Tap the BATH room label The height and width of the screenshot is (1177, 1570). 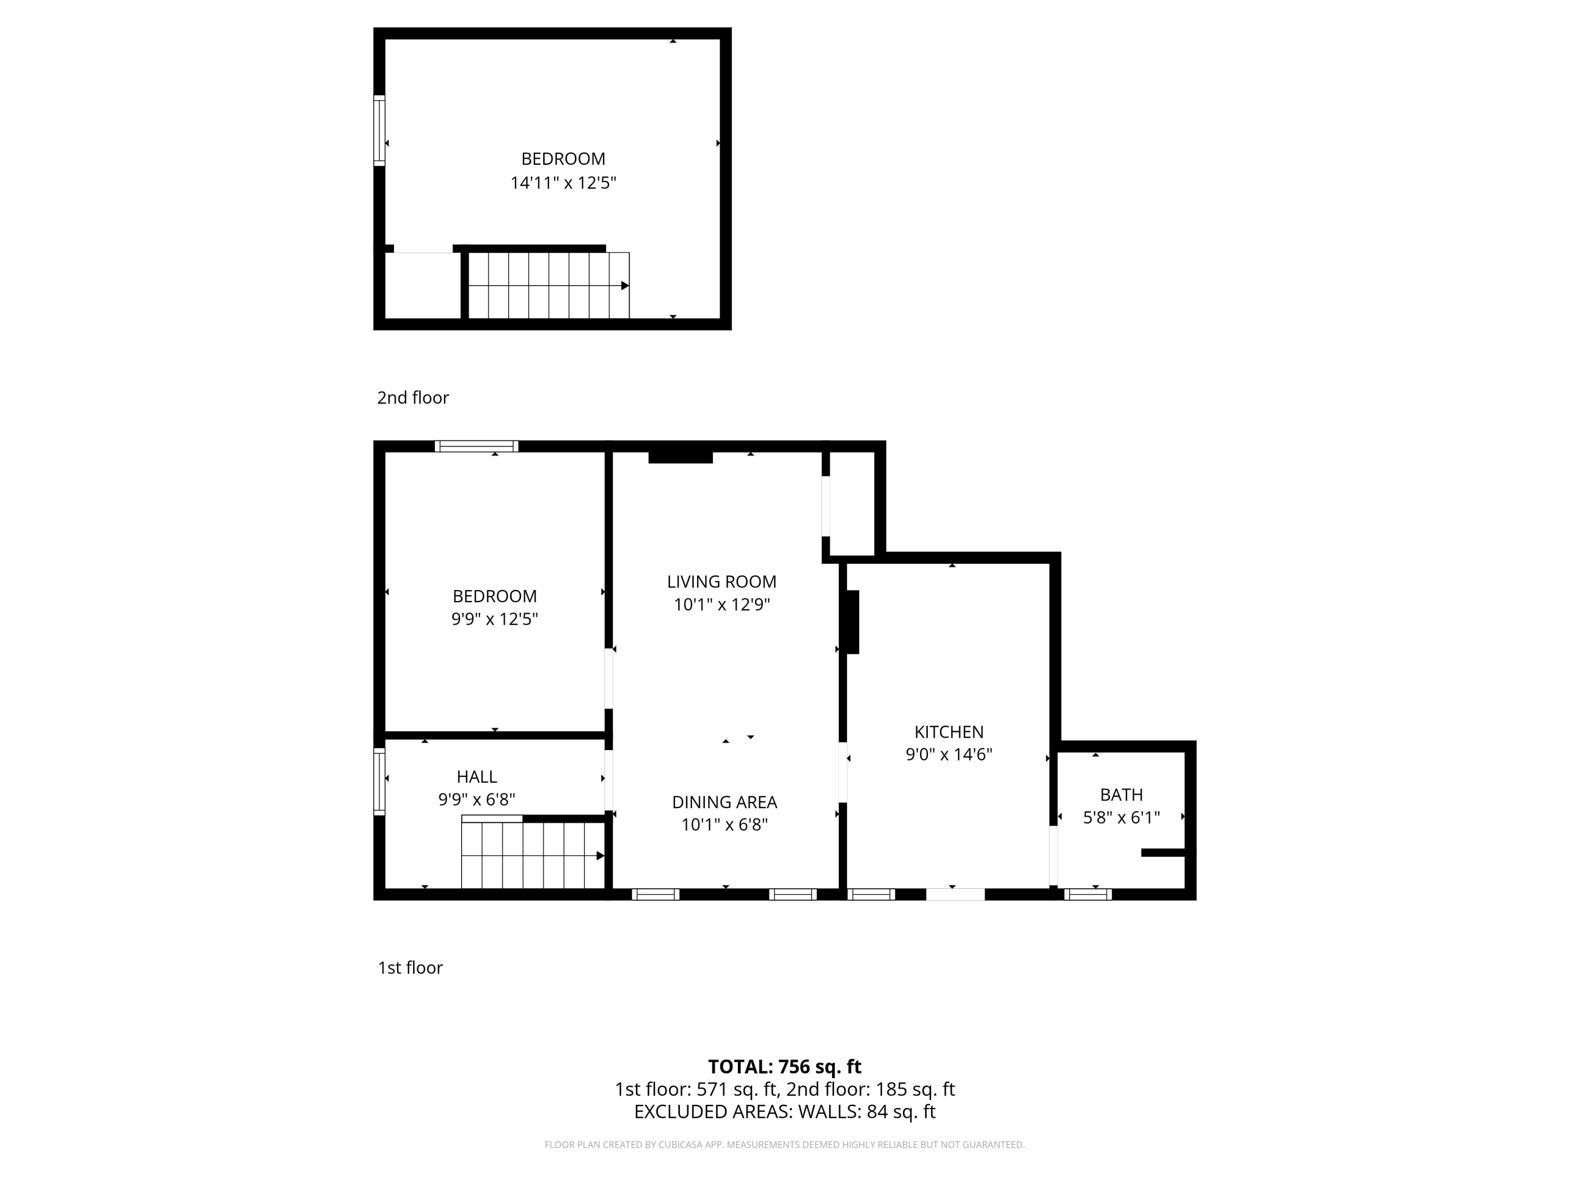(1122, 795)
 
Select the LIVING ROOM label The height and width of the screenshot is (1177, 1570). (722, 582)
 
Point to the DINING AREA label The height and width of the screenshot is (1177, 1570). (725, 802)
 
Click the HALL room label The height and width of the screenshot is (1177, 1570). (476, 776)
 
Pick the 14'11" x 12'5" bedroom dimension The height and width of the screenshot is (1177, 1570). (564, 183)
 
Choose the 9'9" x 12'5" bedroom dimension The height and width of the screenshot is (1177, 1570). (495, 619)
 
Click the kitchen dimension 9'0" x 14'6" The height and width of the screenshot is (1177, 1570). (948, 754)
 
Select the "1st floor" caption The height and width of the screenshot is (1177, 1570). (410, 968)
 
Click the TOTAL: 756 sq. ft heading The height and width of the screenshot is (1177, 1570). (785, 1066)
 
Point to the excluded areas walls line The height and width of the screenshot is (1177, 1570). (785, 1112)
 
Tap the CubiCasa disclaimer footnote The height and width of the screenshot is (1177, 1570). (785, 1145)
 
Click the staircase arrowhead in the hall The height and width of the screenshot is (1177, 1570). (600, 856)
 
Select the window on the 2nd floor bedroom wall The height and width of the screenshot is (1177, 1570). (380, 131)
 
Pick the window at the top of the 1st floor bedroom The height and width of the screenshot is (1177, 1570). (476, 446)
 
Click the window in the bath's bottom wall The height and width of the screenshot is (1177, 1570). (1088, 895)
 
